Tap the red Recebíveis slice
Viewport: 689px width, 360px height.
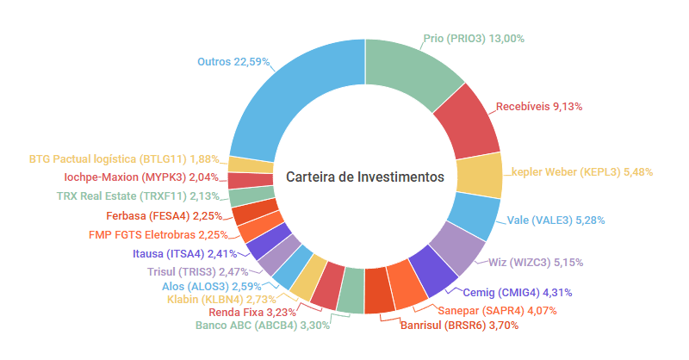pos(469,125)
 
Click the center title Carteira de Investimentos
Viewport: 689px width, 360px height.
pos(365,177)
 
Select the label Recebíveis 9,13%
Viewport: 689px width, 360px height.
pos(539,107)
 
